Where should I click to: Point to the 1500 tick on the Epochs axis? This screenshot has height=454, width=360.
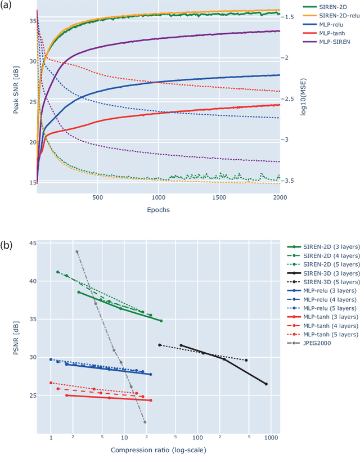point(219,198)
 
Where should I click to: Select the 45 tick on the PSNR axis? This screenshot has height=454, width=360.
point(31,243)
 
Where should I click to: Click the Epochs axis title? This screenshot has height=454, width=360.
point(159,209)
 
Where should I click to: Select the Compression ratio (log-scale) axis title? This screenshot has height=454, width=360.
point(159,449)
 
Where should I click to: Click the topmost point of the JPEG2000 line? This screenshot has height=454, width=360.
point(77,251)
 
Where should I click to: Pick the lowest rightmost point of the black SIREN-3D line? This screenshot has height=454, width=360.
point(266,384)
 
